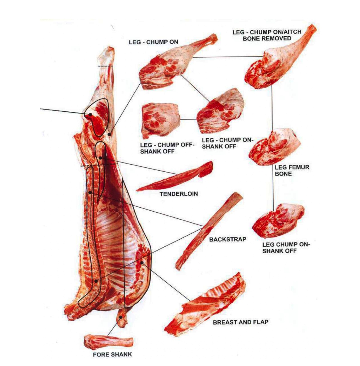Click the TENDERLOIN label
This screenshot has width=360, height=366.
(x=179, y=194)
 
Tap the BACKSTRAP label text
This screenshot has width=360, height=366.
(x=228, y=239)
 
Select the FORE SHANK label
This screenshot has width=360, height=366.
(x=112, y=354)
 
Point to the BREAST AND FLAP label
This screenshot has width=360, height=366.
(x=240, y=322)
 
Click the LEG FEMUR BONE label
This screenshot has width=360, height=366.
(x=292, y=170)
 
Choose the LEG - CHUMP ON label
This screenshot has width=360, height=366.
(x=153, y=42)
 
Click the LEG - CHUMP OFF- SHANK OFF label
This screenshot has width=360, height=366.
(x=167, y=148)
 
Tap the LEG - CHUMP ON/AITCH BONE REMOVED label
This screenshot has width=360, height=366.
(x=267, y=35)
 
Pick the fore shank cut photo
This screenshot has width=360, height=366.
(x=108, y=342)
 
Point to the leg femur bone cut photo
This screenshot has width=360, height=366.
(x=274, y=147)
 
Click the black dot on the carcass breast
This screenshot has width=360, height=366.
(x=142, y=262)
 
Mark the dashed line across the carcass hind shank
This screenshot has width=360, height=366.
(x=105, y=66)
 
